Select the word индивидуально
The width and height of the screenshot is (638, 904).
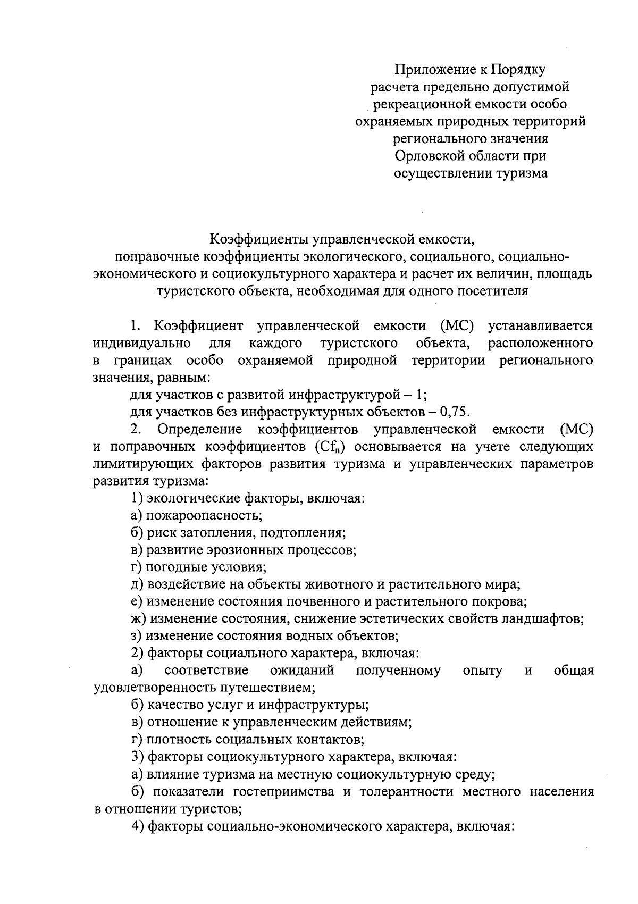(139, 343)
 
